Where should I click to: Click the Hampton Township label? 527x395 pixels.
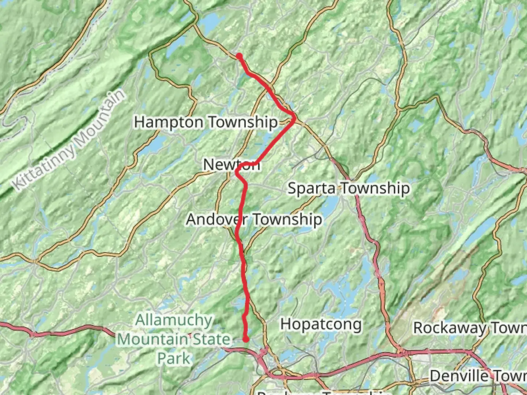[206, 122]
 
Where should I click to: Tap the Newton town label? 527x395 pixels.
[231, 165]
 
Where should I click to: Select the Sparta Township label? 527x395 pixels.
[348, 189]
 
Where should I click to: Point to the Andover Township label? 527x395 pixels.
[254, 219]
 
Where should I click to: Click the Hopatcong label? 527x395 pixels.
[321, 324]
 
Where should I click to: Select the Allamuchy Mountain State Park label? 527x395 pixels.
[174, 339]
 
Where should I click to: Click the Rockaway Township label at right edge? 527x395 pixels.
[470, 328]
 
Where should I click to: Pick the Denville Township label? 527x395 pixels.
[478, 376]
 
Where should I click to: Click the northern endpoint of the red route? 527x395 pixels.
[239, 56]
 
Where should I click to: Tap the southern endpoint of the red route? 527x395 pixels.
[246, 339]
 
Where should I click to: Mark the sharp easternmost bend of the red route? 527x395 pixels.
[294, 117]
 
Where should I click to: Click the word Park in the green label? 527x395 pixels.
[174, 358]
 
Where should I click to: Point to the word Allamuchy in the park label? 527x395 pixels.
[174, 320]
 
